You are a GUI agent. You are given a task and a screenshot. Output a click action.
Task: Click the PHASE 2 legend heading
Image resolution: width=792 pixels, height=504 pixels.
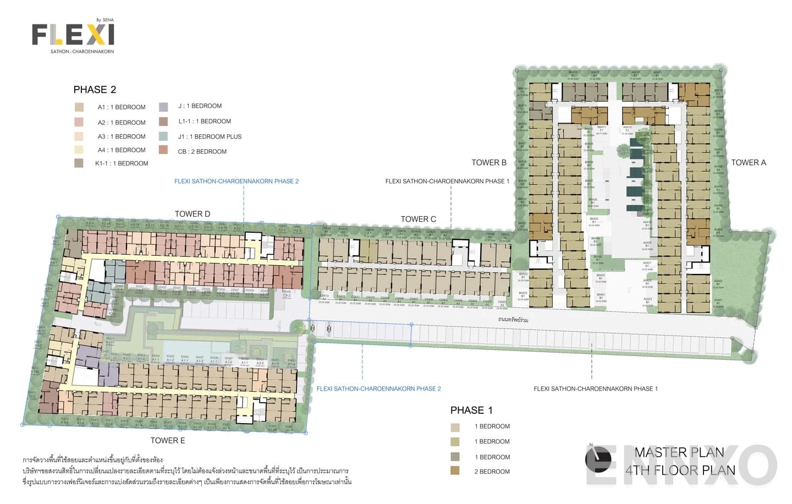tap(95, 90)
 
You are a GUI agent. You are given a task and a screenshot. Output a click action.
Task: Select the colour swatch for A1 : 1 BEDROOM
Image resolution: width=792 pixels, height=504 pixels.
tap(79, 107)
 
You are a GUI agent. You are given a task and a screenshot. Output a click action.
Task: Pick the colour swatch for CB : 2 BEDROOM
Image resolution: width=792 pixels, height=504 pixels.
tap(163, 150)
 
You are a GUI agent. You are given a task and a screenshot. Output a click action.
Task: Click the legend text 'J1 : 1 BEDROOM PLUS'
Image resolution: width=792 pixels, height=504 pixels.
tap(210, 136)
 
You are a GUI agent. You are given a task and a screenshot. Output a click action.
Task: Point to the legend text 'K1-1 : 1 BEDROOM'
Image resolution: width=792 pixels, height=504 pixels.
tap(122, 163)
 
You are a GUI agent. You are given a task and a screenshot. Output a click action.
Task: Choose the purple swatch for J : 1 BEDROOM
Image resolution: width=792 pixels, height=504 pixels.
tap(163, 107)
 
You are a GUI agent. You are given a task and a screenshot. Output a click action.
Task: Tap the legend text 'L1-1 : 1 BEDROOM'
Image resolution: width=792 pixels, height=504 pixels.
tap(204, 122)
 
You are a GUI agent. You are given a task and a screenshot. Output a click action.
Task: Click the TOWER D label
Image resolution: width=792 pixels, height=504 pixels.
tap(193, 214)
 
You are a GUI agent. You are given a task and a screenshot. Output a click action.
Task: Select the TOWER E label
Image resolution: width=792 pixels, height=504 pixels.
tap(168, 440)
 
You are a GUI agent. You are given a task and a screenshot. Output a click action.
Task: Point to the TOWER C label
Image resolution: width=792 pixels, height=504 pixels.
tap(418, 219)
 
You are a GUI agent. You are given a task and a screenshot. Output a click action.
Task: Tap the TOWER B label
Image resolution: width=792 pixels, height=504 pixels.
tap(489, 162)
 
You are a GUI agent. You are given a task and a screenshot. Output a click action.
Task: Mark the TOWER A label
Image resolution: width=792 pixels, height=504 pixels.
tap(748, 162)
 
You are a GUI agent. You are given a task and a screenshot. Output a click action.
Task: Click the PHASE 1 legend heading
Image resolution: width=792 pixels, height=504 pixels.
tap(471, 410)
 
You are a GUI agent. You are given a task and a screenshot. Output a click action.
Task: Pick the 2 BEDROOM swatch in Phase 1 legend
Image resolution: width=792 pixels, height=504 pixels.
tap(455, 471)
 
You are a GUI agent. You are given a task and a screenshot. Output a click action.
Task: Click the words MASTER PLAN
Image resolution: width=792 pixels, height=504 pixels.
tap(679, 452)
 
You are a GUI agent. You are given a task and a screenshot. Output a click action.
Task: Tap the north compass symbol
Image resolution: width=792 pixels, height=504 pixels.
tap(597, 459)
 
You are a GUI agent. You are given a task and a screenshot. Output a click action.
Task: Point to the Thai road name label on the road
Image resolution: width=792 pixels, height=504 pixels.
tap(513, 320)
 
